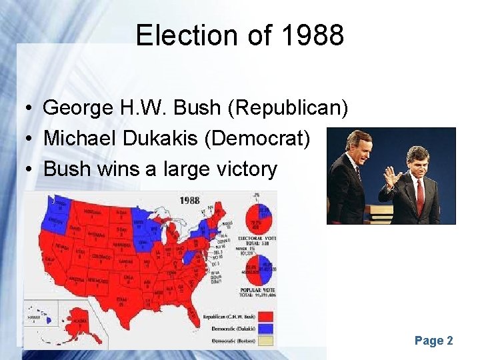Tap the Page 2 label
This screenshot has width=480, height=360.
pos(433,341)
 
